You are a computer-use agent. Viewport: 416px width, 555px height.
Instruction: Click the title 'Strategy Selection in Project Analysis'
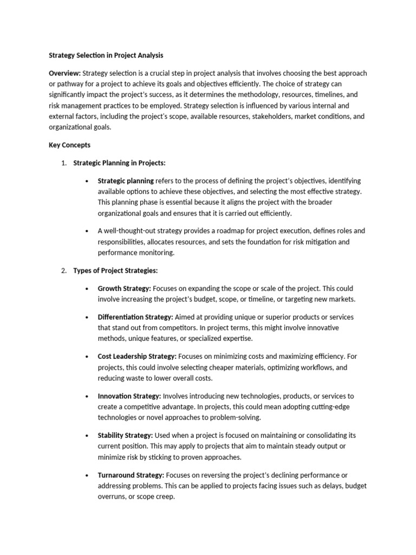[106, 55]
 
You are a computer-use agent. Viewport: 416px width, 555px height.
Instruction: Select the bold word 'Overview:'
[65, 73]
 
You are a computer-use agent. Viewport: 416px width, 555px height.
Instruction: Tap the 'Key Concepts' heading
[70, 145]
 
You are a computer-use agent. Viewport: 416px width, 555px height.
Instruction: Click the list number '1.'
[63, 163]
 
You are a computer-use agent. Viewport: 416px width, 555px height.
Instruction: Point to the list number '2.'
[63, 270]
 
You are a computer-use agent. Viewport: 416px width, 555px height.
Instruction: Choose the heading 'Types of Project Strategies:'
[115, 270]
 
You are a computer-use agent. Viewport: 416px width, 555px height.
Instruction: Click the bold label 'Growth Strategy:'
[124, 288]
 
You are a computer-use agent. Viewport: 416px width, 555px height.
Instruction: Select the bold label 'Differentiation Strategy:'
[135, 317]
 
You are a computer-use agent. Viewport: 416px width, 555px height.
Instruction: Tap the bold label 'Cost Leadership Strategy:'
[137, 356]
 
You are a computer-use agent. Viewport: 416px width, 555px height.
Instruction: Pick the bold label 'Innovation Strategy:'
[129, 396]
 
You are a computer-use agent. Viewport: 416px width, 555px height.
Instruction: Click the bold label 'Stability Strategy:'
[125, 435]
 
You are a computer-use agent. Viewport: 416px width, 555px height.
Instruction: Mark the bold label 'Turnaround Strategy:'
[131, 475]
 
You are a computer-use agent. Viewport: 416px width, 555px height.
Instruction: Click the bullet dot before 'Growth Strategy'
[87, 289]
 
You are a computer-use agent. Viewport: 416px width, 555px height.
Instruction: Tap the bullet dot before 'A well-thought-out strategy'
[87, 231]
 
